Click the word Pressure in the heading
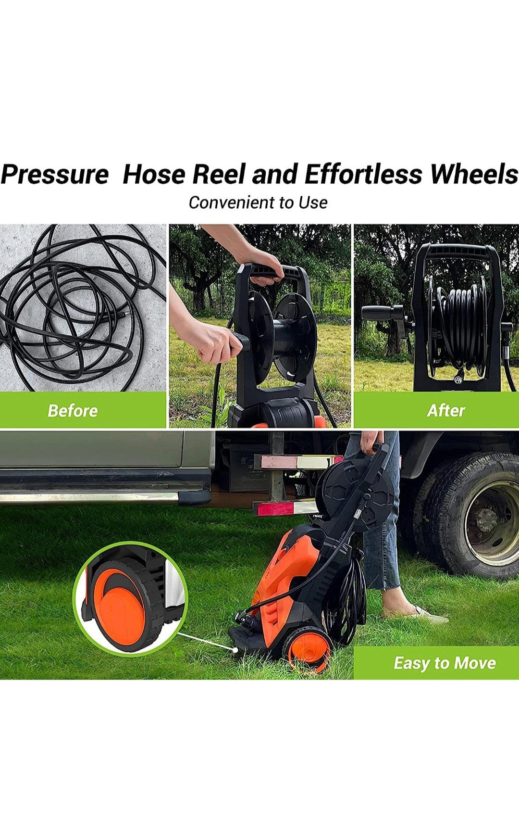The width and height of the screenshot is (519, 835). pos(55,174)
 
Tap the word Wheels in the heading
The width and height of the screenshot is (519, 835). pos(474,174)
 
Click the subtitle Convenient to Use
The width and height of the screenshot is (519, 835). pos(258,202)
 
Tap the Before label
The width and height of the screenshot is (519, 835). pos(73,411)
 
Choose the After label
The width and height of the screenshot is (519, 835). pos(446,411)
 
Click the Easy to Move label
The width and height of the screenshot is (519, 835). pos(445,663)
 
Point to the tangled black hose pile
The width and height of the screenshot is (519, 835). pos(72,308)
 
